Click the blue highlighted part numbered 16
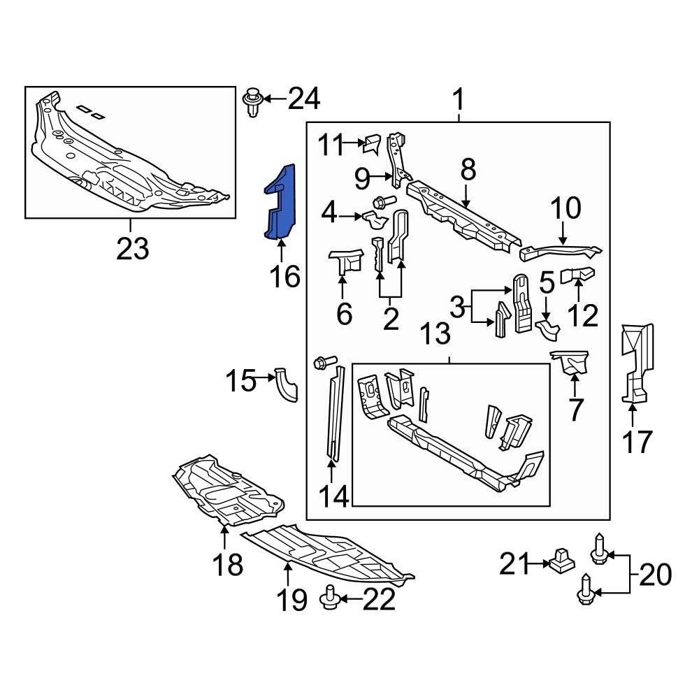[x=280, y=203]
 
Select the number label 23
[x=133, y=248]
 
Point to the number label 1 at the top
[x=459, y=101]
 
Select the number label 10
[x=565, y=208]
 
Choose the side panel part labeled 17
[x=637, y=363]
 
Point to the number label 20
[x=654, y=575]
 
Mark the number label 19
[x=290, y=599]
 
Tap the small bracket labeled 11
[x=370, y=144]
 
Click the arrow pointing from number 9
[x=384, y=179]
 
